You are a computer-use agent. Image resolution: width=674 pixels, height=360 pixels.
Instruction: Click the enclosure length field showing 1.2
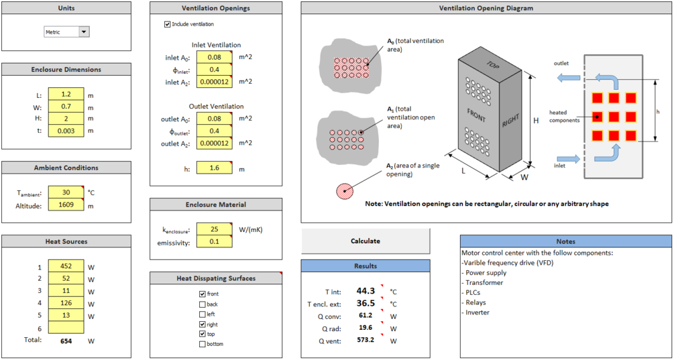click(x=66, y=95)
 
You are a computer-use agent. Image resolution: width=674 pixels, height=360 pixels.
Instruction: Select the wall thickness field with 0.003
click(x=66, y=131)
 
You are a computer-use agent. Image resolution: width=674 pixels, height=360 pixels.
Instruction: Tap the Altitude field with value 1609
click(x=66, y=206)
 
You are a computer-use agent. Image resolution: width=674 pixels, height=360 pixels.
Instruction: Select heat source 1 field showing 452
click(x=66, y=266)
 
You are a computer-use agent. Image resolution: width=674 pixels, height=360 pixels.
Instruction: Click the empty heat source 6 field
click(x=66, y=328)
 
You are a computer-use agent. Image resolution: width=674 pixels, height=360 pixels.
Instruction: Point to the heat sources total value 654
click(x=65, y=341)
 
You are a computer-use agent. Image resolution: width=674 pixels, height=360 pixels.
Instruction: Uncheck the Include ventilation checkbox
click(x=168, y=24)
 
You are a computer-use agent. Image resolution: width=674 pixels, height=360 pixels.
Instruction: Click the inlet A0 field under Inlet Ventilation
click(x=214, y=58)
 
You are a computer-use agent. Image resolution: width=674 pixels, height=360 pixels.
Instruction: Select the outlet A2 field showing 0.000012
click(x=214, y=143)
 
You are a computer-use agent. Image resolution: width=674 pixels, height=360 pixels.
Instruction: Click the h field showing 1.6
click(x=214, y=169)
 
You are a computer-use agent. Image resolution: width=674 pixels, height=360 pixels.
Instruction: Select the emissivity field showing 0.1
click(x=214, y=242)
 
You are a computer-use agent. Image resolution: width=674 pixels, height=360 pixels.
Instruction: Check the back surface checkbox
click(x=203, y=304)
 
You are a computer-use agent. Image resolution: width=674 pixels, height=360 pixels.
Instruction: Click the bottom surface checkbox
click(x=203, y=345)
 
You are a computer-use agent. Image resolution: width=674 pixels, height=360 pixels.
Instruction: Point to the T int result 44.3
click(x=365, y=291)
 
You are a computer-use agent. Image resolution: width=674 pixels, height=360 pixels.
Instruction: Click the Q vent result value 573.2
click(x=365, y=341)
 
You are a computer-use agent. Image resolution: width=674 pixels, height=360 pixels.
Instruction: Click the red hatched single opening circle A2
click(x=344, y=190)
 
